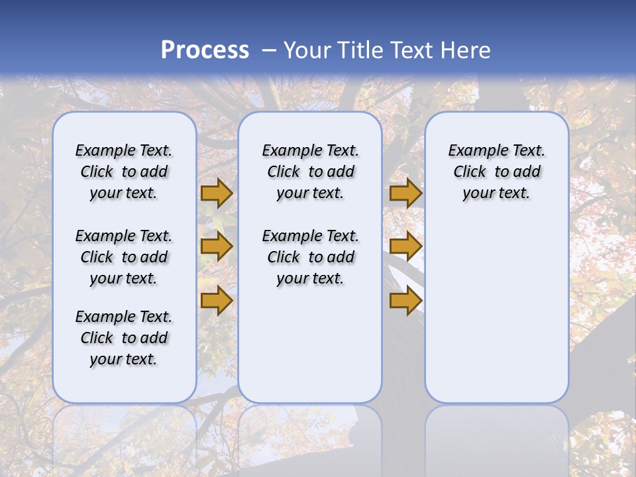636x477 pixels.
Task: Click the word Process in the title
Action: pos(205,50)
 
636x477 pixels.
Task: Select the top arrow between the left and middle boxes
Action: pos(217,193)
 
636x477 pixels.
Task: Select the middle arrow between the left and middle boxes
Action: pos(217,246)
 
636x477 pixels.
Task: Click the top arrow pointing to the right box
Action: pos(405,193)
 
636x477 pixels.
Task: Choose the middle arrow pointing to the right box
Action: pos(405,246)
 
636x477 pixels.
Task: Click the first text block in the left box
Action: pos(124,172)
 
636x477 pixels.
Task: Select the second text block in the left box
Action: pos(124,257)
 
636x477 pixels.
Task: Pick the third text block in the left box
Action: pos(124,338)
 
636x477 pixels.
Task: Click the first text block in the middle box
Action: pos(310,172)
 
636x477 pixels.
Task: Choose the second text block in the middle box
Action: pos(310,257)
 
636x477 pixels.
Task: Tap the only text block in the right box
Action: pos(497,172)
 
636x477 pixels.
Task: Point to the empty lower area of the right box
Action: pos(497,311)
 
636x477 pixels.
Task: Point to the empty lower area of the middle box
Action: pos(310,344)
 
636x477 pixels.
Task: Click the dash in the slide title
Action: pos(269,50)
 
